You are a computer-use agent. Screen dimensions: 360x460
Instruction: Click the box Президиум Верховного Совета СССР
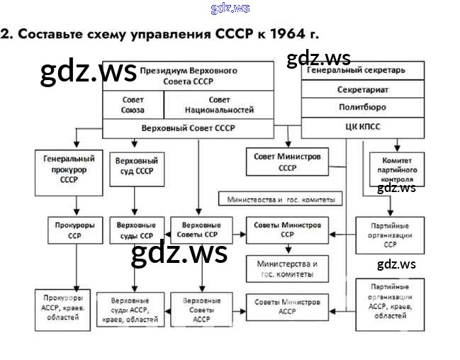(x=189, y=76)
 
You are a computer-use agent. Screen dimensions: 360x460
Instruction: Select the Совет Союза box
(x=133, y=106)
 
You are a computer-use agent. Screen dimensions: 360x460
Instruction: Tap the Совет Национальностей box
(x=219, y=106)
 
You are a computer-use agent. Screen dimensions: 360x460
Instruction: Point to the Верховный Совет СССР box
(x=189, y=128)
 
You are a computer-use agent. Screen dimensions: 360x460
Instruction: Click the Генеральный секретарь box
(x=363, y=71)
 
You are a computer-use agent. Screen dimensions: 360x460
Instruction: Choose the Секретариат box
(x=363, y=90)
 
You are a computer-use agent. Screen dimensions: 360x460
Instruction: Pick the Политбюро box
(x=363, y=108)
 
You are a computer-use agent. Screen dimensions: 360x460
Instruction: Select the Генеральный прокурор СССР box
(x=69, y=170)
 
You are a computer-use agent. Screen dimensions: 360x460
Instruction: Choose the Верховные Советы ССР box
(x=196, y=230)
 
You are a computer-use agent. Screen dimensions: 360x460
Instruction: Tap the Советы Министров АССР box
(x=287, y=305)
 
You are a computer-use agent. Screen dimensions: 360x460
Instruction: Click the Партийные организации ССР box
(x=391, y=234)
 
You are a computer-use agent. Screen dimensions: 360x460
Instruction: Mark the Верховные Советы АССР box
(x=196, y=309)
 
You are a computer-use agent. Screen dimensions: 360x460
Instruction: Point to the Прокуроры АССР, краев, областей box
(x=64, y=309)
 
